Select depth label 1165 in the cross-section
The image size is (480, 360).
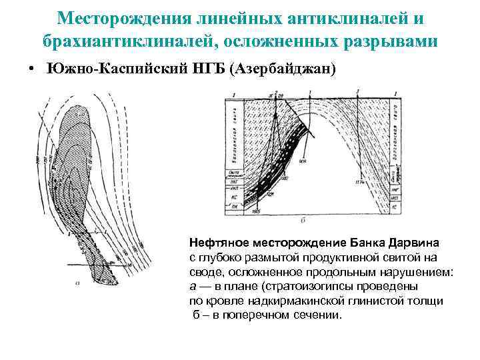[x=256, y=211]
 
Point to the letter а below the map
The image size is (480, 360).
[x=78, y=283]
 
